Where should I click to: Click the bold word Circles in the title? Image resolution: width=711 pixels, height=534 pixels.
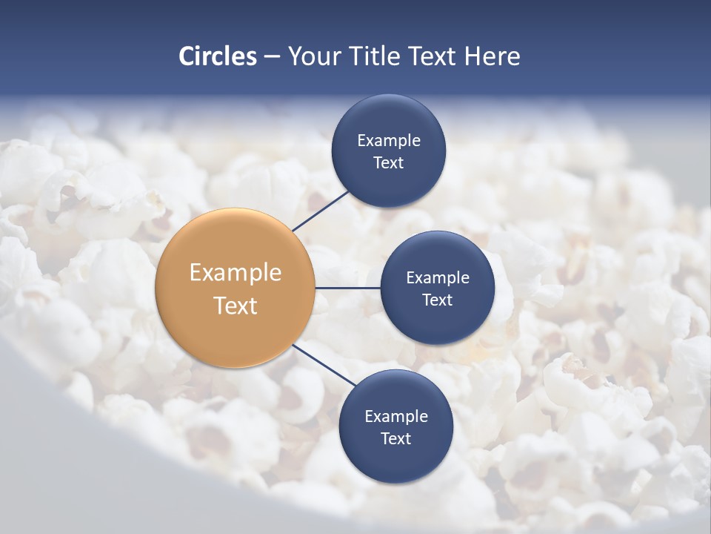coord(218,56)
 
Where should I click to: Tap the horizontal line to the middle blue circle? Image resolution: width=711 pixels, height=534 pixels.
coord(347,288)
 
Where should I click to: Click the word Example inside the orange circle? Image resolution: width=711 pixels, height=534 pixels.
coord(236,273)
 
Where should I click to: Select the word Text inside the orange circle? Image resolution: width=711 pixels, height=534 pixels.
coord(236,306)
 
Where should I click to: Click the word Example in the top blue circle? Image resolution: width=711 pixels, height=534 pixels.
coord(389,140)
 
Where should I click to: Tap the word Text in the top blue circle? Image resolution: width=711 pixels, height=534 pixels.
coord(388,163)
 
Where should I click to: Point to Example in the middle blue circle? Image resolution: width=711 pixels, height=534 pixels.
coord(438,277)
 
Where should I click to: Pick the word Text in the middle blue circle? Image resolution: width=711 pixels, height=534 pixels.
coord(437,300)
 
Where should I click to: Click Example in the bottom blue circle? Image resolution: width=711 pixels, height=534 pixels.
coord(396,416)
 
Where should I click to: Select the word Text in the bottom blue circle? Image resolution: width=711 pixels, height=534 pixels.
coord(395,438)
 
